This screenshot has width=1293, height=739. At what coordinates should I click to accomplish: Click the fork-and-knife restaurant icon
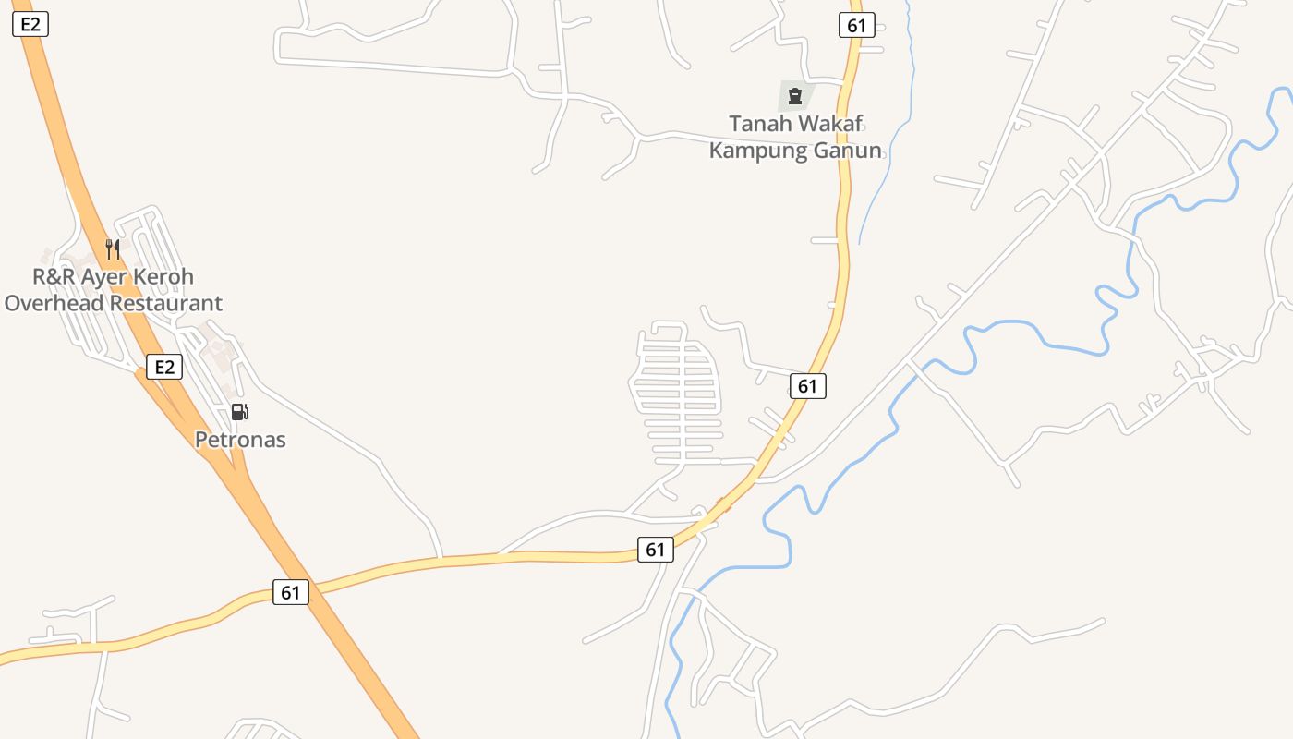pyautogui.click(x=113, y=248)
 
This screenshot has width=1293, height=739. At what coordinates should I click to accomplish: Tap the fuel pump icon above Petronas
pyautogui.click(x=239, y=412)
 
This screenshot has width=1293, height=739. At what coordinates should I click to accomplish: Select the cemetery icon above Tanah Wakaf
pyautogui.click(x=794, y=95)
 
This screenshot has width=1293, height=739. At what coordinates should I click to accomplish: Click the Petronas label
pyautogui.click(x=240, y=440)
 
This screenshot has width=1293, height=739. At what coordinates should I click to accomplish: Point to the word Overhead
pyautogui.click(x=54, y=303)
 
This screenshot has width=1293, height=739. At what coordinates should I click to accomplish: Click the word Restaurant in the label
pyautogui.click(x=166, y=303)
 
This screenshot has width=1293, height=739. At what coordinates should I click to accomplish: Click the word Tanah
pyautogui.click(x=762, y=124)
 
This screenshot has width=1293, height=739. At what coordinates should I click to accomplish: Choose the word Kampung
pyautogui.click(x=757, y=151)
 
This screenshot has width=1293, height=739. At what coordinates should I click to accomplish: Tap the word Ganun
pyautogui.click(x=846, y=151)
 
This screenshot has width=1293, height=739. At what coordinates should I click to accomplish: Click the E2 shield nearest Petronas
pyautogui.click(x=164, y=367)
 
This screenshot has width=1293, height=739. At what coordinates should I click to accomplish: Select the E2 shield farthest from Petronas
pyautogui.click(x=30, y=25)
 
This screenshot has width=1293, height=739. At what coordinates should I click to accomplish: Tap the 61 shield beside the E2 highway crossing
pyautogui.click(x=290, y=592)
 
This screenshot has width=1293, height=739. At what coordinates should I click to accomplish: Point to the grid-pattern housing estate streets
pyautogui.click(x=679, y=397)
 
